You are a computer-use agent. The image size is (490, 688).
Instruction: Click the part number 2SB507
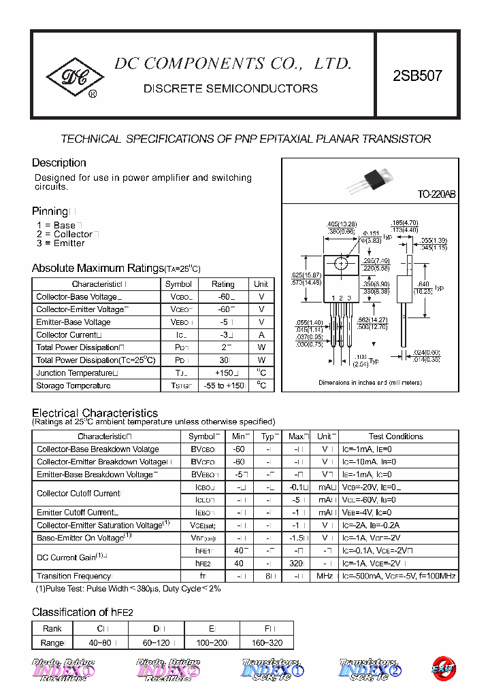(x=417, y=75)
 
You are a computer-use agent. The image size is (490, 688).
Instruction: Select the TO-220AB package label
(x=436, y=194)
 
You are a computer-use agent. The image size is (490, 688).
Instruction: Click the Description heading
(x=59, y=163)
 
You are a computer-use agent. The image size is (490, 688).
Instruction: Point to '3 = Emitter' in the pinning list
(x=61, y=243)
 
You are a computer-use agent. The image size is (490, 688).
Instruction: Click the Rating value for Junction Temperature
(x=223, y=373)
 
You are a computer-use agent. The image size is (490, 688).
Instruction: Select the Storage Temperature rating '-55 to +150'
(x=223, y=386)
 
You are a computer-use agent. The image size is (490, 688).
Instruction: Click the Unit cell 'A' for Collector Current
(x=261, y=335)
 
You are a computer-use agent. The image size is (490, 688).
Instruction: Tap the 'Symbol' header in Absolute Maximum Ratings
(x=178, y=284)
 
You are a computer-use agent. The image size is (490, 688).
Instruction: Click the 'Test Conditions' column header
(x=395, y=436)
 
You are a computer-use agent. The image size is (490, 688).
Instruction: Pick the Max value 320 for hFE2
(x=295, y=564)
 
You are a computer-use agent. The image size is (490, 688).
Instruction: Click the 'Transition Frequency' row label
(x=73, y=577)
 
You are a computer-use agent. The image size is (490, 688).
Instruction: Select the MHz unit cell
(x=325, y=577)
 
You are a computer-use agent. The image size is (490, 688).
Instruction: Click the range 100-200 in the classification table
(x=211, y=642)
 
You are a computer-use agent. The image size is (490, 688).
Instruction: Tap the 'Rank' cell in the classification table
(x=52, y=630)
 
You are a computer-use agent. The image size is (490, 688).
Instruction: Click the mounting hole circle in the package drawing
(x=341, y=263)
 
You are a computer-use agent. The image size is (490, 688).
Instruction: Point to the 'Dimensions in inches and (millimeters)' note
(x=370, y=383)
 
